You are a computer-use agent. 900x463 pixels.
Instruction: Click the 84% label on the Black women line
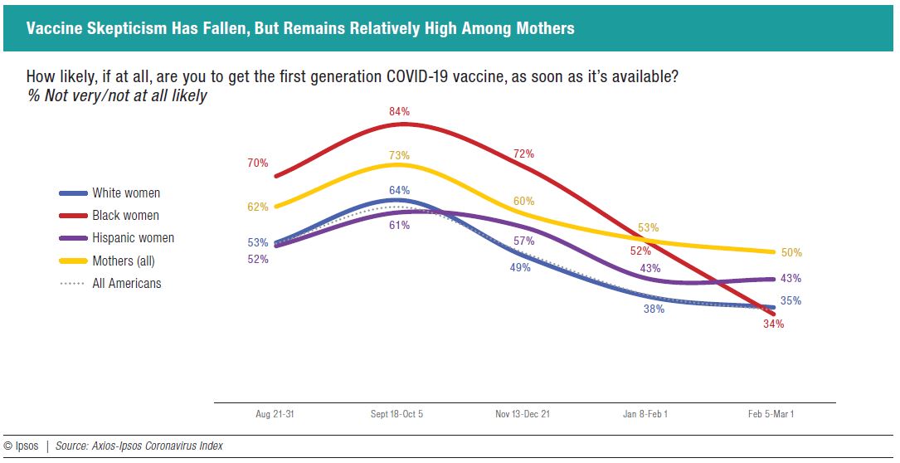coord(399,111)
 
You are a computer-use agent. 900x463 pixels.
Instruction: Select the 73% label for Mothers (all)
coord(399,155)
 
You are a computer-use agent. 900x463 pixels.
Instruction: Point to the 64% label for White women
coord(399,189)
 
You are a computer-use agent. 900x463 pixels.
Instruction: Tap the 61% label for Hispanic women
coord(399,226)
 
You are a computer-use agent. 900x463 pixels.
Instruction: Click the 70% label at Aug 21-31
coord(257,163)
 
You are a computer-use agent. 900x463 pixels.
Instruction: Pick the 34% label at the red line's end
coord(773,324)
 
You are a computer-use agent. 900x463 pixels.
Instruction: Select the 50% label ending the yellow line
coord(791,253)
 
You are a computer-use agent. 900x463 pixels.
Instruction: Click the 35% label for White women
coord(791,301)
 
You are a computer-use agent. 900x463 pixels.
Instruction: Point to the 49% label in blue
coord(520,267)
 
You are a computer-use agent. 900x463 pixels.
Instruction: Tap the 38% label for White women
coord(654,309)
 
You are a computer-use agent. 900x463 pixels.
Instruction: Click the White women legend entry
coord(125,193)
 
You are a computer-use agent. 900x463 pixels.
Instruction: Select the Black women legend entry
coord(125,216)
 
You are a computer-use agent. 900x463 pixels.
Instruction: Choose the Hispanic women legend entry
coord(133,238)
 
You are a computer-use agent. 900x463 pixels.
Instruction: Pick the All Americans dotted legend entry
coord(126,284)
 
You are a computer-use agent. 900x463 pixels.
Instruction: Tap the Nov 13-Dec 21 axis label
coord(522,414)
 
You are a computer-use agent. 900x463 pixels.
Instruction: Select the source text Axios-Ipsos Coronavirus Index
coord(139,446)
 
